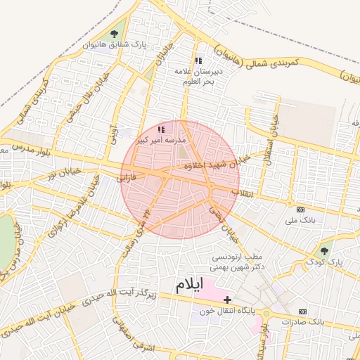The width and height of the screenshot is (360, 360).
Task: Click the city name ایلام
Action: [188, 285]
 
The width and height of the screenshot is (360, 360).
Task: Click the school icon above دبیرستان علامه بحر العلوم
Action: [198, 60]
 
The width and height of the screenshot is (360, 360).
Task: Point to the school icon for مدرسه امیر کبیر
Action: [161, 129]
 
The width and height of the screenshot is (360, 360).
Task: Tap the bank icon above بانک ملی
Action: [301, 210]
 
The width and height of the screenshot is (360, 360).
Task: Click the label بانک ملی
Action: [301, 220]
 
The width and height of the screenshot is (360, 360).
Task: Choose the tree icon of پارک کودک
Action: [324, 250]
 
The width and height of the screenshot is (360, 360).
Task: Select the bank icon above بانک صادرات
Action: [302, 311]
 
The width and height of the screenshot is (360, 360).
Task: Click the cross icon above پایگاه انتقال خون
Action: [227, 300]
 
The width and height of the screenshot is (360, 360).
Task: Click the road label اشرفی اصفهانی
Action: [133, 335]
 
